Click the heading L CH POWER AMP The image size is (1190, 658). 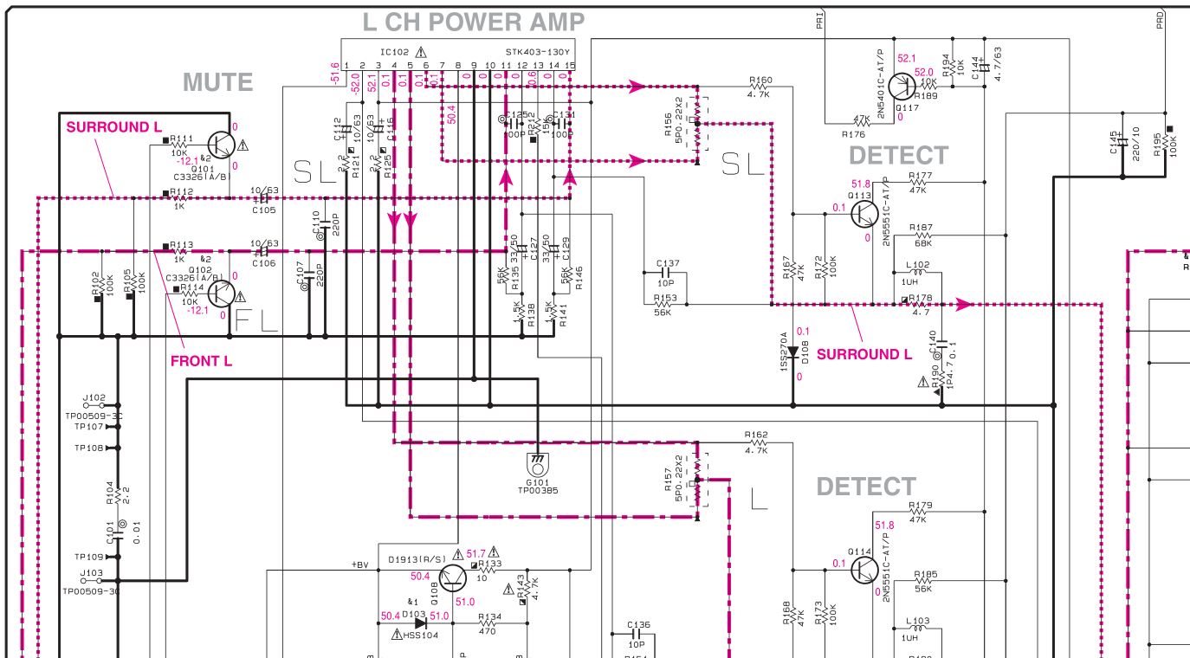click(473, 21)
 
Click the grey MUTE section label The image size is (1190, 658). click(217, 82)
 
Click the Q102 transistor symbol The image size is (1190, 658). click(222, 294)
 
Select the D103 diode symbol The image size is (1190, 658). click(420, 622)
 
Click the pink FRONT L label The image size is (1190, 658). click(201, 361)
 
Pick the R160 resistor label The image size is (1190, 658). click(760, 81)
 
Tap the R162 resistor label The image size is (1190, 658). click(755, 435)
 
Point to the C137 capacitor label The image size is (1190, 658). click(668, 262)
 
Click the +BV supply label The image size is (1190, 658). click(359, 565)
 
